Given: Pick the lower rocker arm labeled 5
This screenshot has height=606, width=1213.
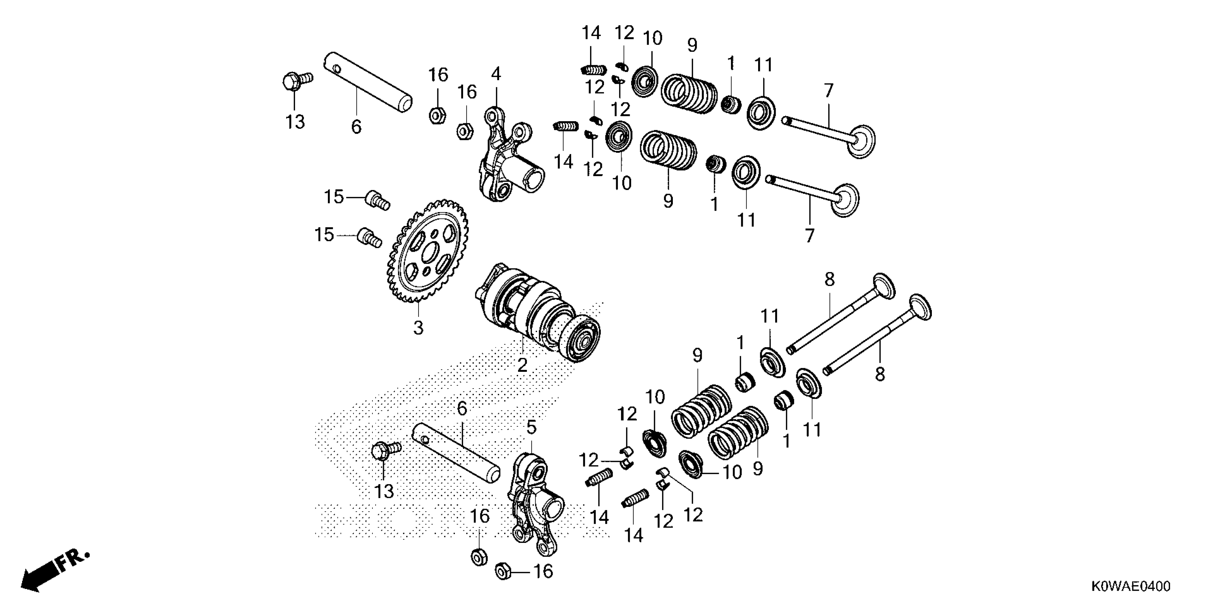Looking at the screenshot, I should point(534,503).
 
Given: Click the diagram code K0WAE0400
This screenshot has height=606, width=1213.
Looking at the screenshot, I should point(1130,586).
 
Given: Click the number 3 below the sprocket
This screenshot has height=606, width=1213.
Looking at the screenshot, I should point(418,328).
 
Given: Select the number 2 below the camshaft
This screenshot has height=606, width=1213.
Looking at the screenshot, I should point(522,365).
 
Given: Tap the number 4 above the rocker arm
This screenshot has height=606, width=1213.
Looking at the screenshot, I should point(496,74).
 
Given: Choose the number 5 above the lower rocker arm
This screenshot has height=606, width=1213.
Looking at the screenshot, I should point(531,427).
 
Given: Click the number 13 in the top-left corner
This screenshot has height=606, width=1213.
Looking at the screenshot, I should point(295,122).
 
